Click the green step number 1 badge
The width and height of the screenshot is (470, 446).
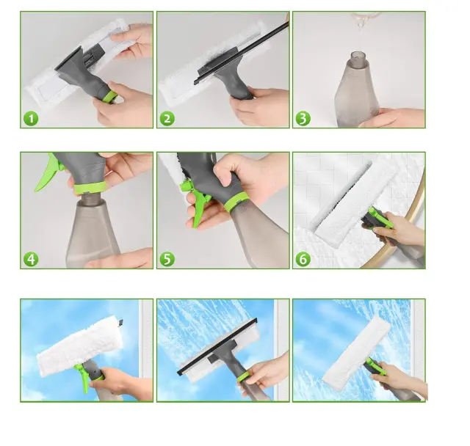tap(31, 119)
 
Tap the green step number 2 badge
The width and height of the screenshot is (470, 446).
tap(167, 119)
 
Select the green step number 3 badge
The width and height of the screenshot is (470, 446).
tap(303, 119)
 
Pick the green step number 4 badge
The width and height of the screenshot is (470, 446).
tap(31, 259)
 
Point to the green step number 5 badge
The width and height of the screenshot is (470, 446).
tap(167, 259)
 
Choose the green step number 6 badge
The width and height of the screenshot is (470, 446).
tap(303, 259)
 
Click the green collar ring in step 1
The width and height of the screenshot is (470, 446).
tap(110, 98)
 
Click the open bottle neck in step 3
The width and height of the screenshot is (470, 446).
tap(359, 56)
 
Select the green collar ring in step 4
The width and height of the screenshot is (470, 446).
tap(90, 187)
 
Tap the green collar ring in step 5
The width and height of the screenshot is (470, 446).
tap(236, 202)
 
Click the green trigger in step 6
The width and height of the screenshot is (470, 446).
tap(380, 217)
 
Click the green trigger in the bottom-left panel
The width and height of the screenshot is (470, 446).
tap(82, 377)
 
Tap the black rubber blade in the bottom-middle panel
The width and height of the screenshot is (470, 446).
tap(217, 347)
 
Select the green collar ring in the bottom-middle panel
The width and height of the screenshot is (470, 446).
tap(245, 376)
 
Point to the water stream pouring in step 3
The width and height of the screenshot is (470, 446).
tap(359, 33)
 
